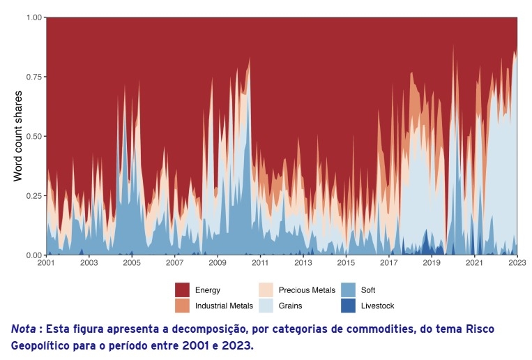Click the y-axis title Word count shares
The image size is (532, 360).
point(19,135)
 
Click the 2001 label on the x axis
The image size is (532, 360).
point(46,264)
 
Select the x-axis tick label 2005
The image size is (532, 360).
point(132,264)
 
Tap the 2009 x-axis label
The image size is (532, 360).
point(218,264)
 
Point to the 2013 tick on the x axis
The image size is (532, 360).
point(303,264)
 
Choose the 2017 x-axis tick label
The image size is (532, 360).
point(389,264)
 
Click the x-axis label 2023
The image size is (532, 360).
point(517,264)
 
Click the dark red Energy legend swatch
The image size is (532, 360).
point(183,290)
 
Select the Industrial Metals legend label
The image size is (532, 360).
point(224,306)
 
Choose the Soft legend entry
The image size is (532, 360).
point(368,290)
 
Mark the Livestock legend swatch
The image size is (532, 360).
point(348,306)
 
